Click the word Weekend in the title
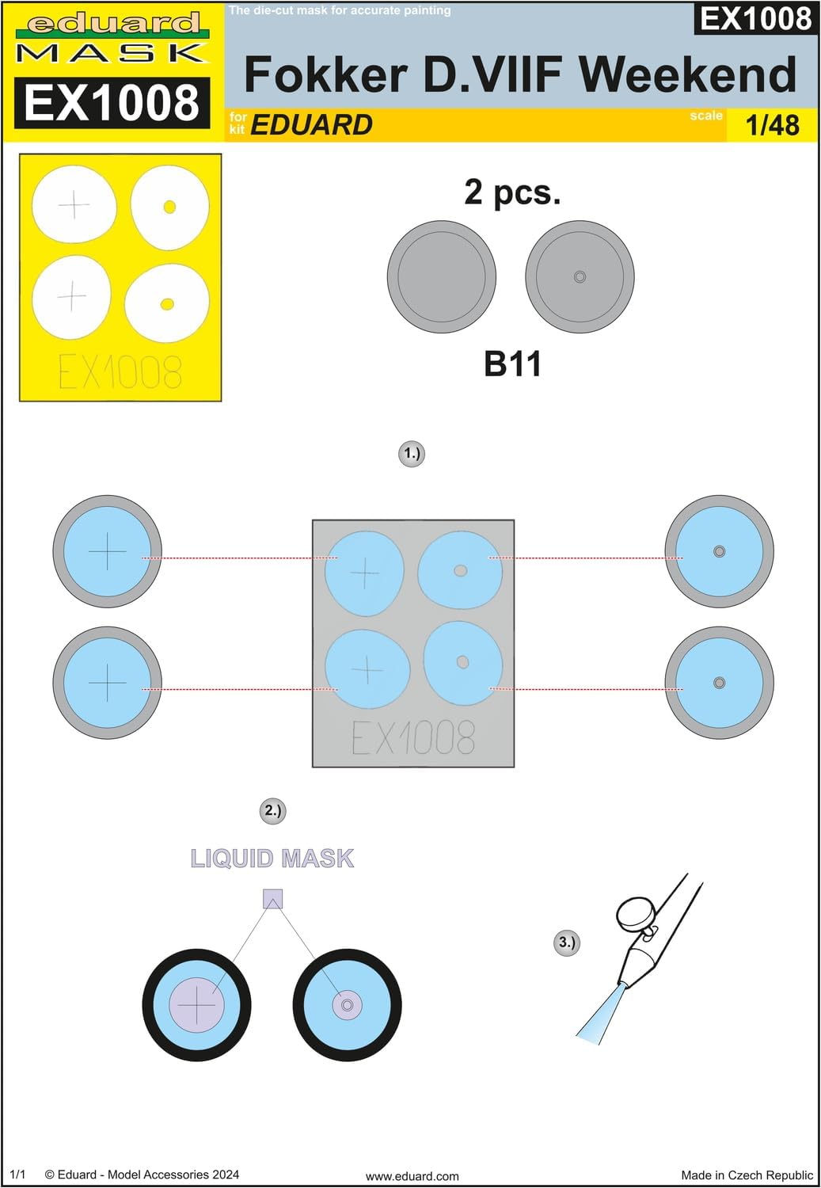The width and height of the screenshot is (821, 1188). click(x=687, y=75)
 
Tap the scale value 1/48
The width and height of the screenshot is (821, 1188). click(x=772, y=125)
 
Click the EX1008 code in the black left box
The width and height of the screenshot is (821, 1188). click(x=112, y=103)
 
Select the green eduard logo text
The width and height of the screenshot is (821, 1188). click(x=112, y=24)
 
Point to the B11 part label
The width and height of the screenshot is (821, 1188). click(x=512, y=364)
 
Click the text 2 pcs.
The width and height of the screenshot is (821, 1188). click(x=512, y=192)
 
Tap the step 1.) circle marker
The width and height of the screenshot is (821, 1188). click(x=412, y=454)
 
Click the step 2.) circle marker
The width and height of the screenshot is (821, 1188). click(x=272, y=810)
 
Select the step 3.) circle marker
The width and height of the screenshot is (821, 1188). click(x=567, y=942)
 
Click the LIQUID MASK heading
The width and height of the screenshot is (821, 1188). click(x=272, y=859)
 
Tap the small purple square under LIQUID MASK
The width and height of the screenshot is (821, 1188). click(x=272, y=899)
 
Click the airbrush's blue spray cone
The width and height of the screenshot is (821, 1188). click(x=598, y=1015)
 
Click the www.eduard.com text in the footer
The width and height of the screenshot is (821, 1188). click(x=412, y=1176)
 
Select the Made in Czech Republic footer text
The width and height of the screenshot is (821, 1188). click(x=747, y=1175)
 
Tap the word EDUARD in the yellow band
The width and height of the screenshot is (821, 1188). click(x=311, y=125)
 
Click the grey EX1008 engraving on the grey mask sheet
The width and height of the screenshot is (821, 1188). click(x=413, y=737)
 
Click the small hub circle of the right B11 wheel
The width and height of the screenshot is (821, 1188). click(x=580, y=277)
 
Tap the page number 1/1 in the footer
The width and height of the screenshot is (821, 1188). click(x=17, y=1175)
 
